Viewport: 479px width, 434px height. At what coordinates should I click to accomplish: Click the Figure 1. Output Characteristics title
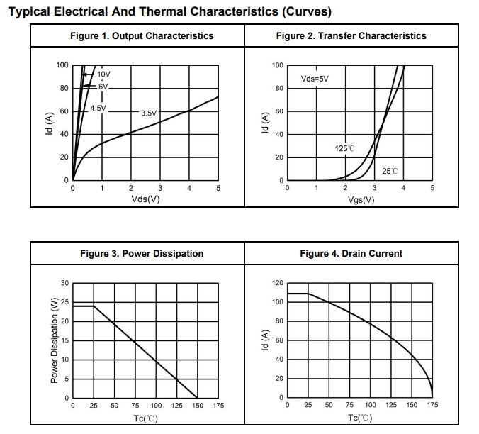coord(142,35)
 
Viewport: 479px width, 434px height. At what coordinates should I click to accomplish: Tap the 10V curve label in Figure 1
coord(104,74)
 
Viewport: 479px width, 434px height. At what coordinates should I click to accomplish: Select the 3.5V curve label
coord(149,113)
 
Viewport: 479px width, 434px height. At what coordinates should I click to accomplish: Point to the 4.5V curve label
coord(98,108)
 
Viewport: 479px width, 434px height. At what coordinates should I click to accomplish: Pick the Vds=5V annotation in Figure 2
coord(315,78)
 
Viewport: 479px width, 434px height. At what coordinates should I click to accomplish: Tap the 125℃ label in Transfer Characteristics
coord(344,148)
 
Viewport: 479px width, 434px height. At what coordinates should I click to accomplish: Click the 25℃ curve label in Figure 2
coord(390,171)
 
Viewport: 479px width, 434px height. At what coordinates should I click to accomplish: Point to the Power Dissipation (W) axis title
coord(55,341)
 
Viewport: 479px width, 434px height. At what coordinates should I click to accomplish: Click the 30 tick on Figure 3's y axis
coord(64,284)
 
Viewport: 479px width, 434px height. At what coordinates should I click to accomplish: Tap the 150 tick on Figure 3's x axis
coord(198,406)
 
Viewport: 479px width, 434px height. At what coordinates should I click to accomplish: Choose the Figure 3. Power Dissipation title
coord(142,253)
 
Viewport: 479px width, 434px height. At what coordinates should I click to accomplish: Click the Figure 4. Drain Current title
coord(351,253)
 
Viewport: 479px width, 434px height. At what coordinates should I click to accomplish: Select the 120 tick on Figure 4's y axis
coord(278,283)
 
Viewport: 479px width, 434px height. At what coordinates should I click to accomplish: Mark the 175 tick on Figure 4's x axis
coord(432,406)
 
